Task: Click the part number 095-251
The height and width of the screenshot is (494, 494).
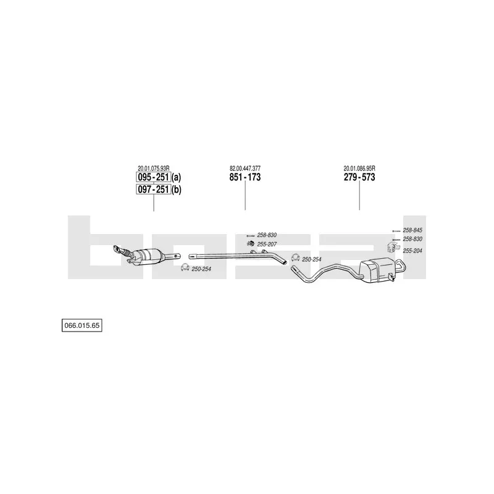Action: point(153,177)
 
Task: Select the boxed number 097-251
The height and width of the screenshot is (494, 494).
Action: point(153,190)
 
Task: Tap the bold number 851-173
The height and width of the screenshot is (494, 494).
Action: point(245,177)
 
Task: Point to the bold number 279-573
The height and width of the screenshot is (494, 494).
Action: point(359,177)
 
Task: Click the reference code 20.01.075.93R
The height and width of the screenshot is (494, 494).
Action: point(153,169)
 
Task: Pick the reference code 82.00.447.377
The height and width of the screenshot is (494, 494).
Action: point(245,169)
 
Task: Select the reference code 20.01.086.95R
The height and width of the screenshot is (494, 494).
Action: point(359,169)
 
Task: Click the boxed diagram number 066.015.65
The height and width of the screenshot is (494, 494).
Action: point(82,325)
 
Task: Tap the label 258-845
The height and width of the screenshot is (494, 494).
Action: point(412,230)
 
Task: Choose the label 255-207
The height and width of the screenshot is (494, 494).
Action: point(267,244)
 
